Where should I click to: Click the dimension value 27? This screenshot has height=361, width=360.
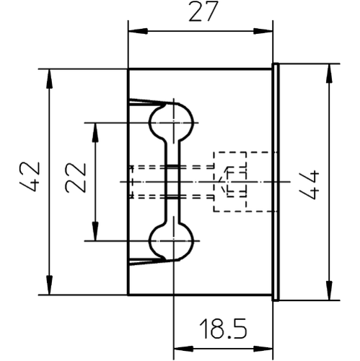pos(203,12)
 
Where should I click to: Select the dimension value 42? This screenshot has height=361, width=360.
pos(30,176)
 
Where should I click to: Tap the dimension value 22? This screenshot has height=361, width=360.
pos(76,178)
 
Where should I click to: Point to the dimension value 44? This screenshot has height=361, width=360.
pos(309,185)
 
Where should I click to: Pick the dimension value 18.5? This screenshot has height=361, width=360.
pos(223,329)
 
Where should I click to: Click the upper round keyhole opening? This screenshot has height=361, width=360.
pos(172,122)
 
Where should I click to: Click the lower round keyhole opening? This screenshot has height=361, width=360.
pos(172,241)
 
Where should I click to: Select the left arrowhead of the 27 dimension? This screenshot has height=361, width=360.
pos(138,31)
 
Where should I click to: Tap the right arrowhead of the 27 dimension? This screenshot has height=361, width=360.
pos(263,31)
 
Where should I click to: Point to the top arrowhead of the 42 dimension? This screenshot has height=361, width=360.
pos(50,79)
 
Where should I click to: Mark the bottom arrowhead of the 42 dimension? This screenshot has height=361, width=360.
pos(50,285)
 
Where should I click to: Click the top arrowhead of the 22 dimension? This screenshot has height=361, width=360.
pos(96,133)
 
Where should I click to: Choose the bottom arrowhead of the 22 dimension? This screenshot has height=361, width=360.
pos(96,231)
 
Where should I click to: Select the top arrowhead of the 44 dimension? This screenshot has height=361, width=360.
pos(330,74)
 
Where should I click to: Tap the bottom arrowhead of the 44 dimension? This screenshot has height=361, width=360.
pos(330,290)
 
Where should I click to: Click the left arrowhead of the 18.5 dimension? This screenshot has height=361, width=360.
pos(183,349)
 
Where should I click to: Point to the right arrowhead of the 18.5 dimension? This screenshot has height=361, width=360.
pos(263,349)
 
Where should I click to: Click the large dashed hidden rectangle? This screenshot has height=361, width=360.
pos(214,182)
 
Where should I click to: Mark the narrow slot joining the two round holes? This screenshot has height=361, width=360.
pos(172,182)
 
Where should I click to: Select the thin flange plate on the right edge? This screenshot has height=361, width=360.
pos(276,182)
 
